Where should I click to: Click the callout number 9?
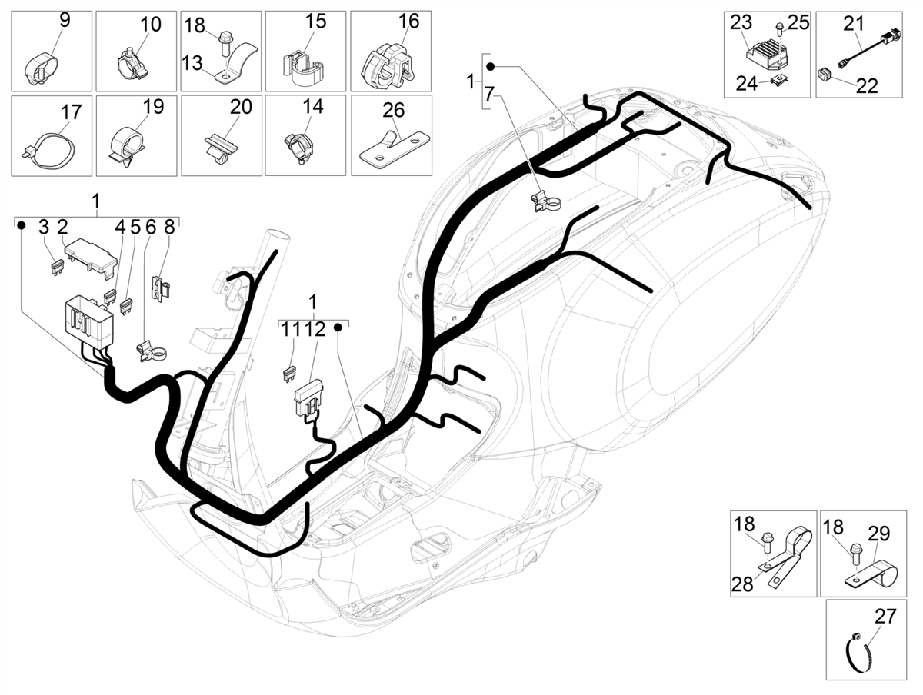[65, 20]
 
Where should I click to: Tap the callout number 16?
[408, 21]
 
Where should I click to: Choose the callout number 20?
[241, 107]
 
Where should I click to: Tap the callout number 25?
[798, 23]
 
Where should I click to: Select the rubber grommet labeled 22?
[825, 75]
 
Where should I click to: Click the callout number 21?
[854, 24]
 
